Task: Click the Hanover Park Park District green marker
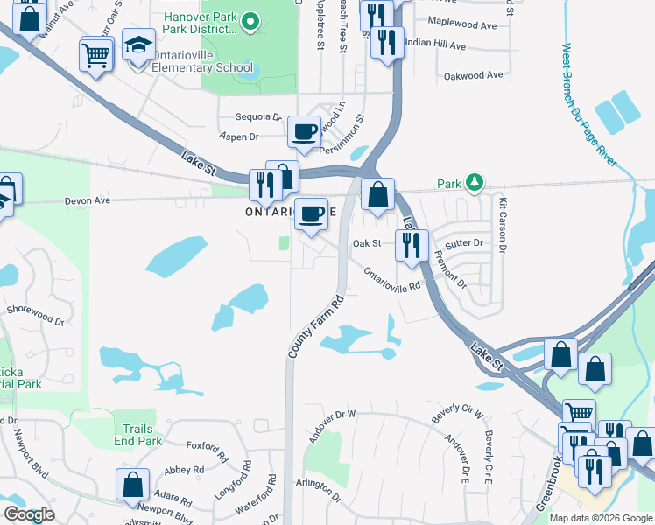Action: coord(250,20)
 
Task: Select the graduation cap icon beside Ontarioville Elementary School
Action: coord(137,47)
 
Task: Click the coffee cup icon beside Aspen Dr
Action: coord(304,132)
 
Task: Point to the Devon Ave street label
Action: coord(88,200)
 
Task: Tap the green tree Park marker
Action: coord(474,182)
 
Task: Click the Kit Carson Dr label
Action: coord(503,227)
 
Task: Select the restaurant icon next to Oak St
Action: coord(410,244)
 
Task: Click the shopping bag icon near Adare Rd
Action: coord(132,485)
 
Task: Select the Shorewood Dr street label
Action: coord(36,315)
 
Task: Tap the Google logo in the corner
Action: coord(28,514)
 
